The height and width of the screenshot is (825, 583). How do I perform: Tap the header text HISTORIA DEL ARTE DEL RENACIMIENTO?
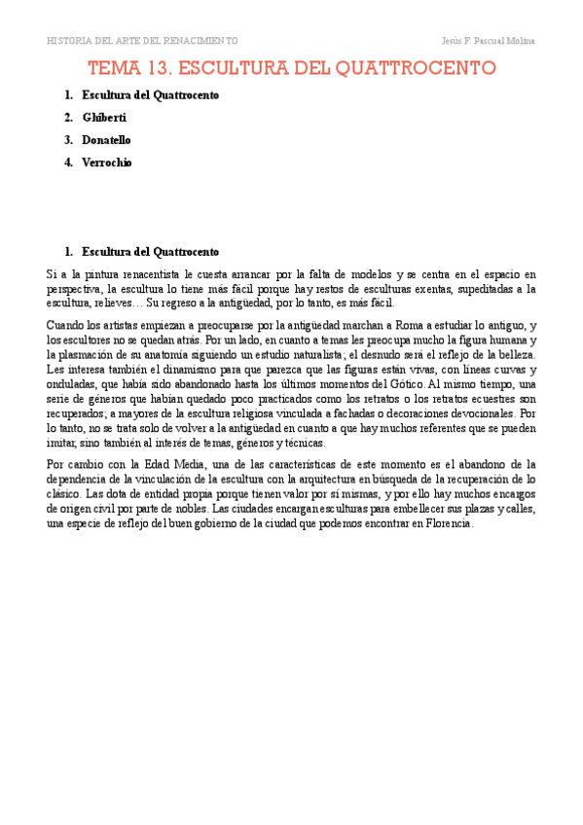[x=142, y=41]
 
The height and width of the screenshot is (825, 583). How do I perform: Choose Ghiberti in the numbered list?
[x=105, y=118]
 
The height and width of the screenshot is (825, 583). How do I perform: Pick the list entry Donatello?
[x=106, y=140]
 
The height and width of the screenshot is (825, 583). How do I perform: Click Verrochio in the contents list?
[x=107, y=162]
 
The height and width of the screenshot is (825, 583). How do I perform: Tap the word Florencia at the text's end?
[x=443, y=523]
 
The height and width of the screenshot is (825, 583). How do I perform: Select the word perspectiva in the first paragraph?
[x=74, y=289]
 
